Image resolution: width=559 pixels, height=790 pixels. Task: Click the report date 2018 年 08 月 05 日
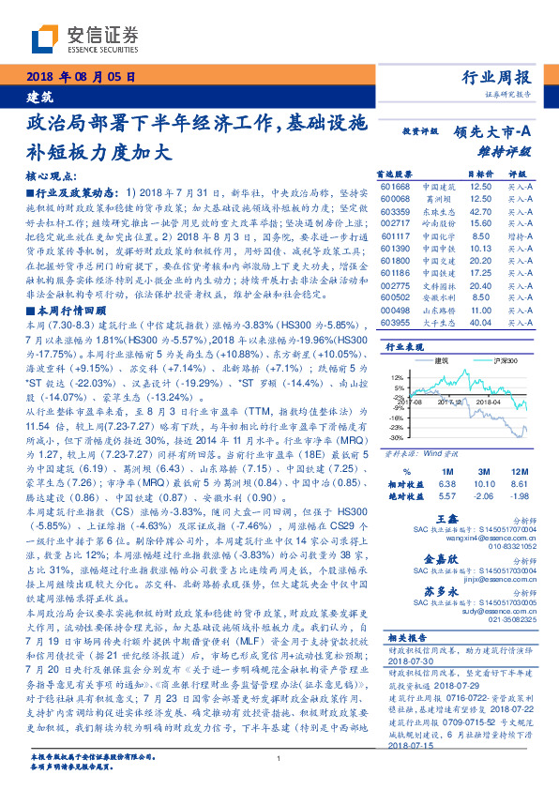(83, 77)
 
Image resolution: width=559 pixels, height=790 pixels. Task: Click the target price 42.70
(479, 212)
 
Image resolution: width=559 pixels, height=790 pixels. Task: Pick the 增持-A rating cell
(520, 236)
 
